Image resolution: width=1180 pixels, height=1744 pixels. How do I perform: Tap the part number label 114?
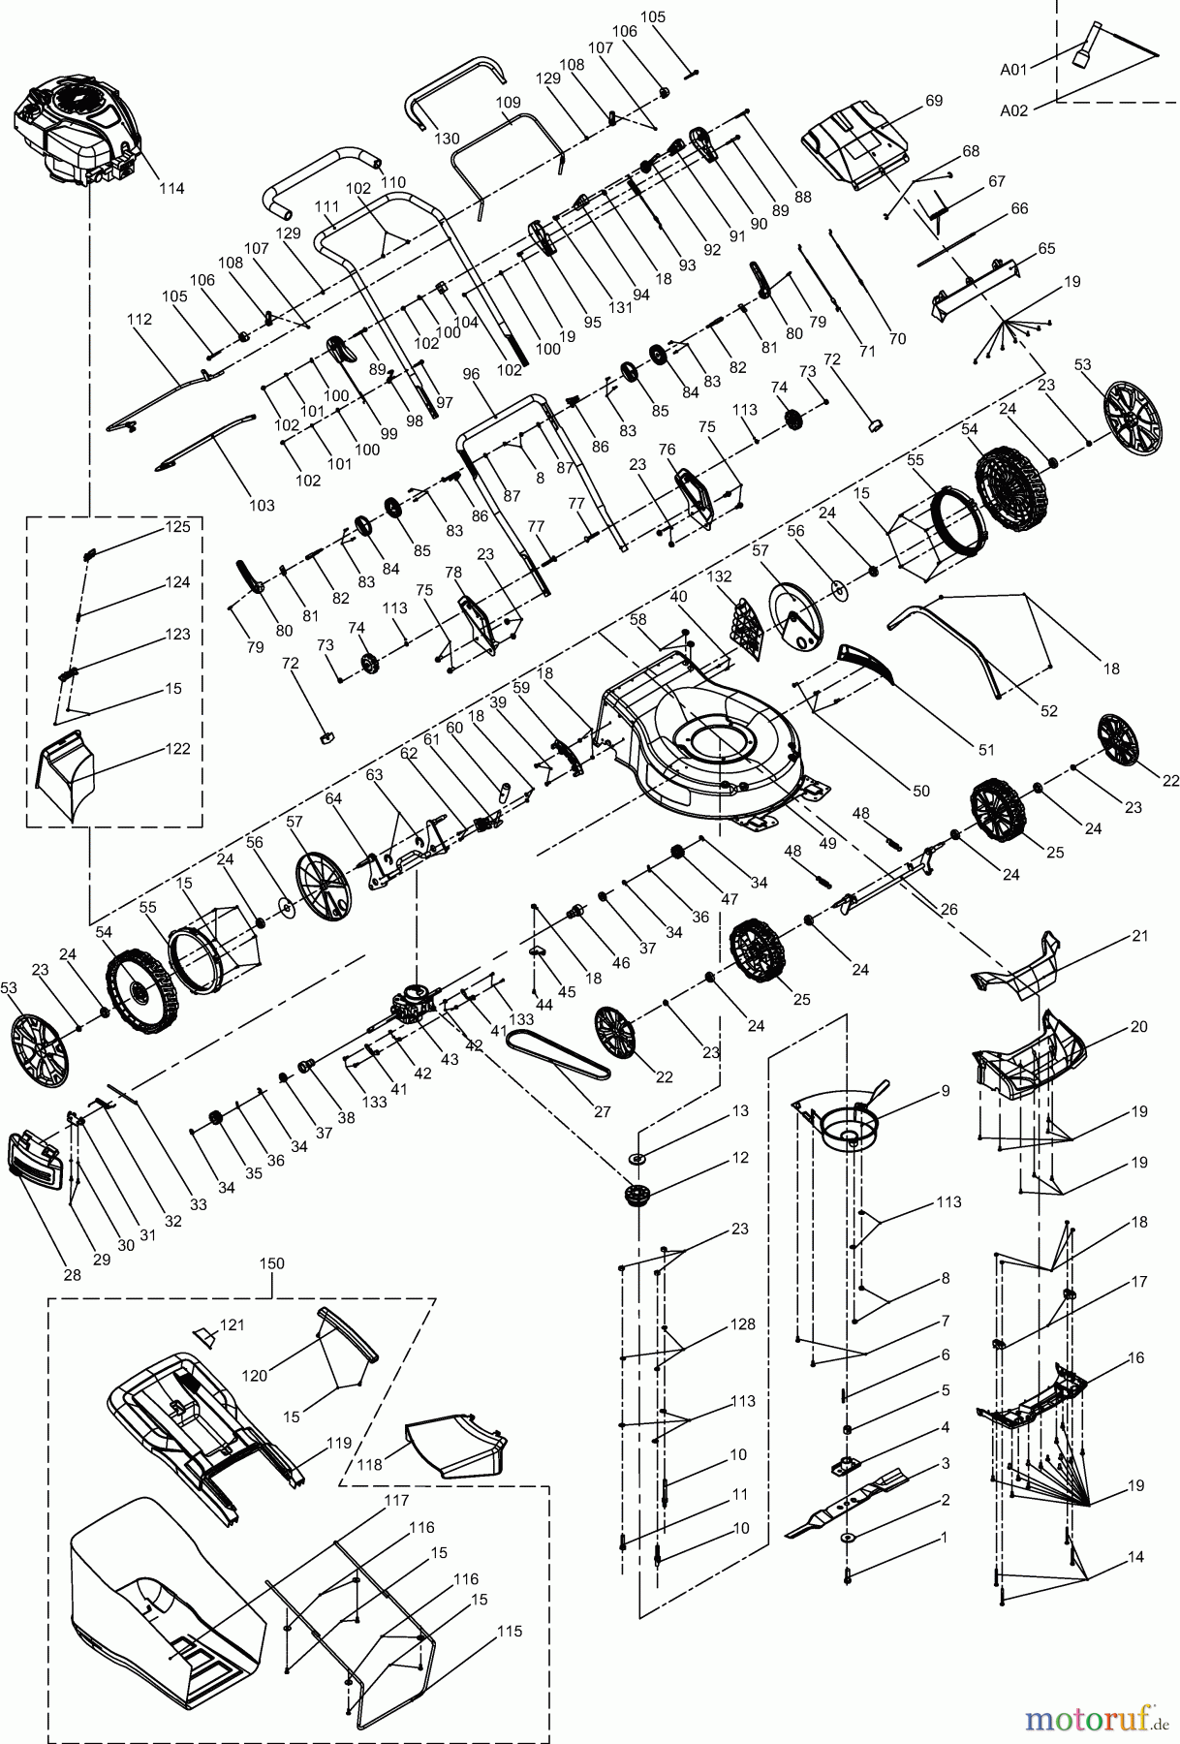(171, 188)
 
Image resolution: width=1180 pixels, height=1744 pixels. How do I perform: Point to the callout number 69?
(933, 101)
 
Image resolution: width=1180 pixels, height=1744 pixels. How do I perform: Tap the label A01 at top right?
(1014, 69)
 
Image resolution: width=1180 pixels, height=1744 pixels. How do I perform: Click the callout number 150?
(272, 1263)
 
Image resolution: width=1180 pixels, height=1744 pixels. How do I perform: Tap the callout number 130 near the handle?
(446, 138)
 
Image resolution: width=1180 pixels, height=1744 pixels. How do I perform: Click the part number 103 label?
(262, 505)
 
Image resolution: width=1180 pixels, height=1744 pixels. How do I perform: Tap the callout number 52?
(1048, 710)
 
